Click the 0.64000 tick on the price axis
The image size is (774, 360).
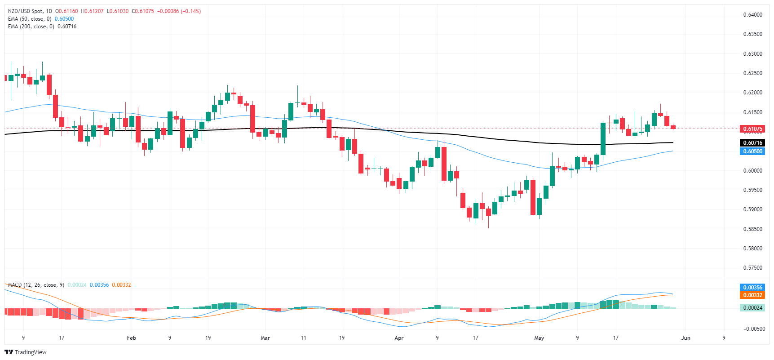coord(752,15)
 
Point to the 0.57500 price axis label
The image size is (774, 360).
coord(752,268)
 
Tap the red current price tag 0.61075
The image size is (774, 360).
coord(752,129)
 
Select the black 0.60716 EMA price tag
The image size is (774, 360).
coord(752,143)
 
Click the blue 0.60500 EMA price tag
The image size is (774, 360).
coord(752,151)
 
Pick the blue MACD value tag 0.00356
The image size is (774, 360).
coord(752,288)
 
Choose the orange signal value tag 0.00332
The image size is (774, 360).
coord(752,295)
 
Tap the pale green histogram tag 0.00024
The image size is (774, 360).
coord(752,308)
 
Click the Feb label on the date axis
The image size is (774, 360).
coord(131,338)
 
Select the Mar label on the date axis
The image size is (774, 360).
coord(265,338)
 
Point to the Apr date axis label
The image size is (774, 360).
coord(399,338)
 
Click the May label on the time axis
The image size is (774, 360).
coord(539,338)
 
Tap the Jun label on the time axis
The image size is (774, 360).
coord(686,338)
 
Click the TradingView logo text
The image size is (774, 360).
coord(30,352)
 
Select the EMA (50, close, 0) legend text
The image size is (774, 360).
coord(30,19)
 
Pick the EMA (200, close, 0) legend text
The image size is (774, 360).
coord(31,27)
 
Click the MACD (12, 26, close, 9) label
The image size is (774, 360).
coord(36,285)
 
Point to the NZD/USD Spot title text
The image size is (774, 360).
coord(26,11)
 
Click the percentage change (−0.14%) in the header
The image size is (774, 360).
coord(190,11)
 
